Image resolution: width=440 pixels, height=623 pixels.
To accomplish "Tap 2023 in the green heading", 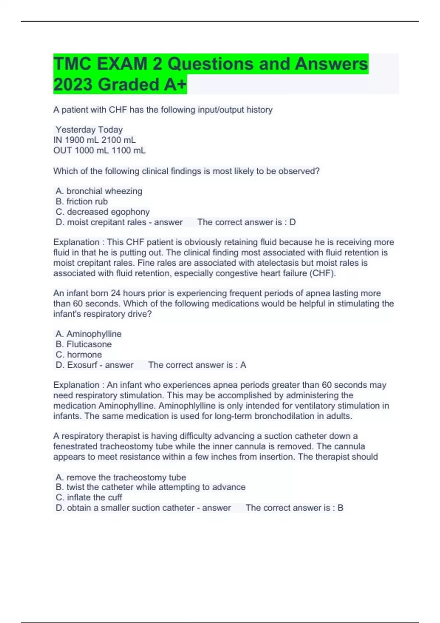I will point(73,85).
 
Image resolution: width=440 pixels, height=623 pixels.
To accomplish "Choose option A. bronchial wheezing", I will point(99,191).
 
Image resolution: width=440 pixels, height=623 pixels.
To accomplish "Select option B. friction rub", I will point(82,201).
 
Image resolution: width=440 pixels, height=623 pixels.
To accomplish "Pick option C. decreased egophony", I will point(103,212).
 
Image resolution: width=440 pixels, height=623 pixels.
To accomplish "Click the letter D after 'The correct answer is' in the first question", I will point(292,222).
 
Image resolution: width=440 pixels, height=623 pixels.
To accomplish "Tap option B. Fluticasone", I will point(84,344).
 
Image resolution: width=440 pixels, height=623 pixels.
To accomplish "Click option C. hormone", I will point(79,354).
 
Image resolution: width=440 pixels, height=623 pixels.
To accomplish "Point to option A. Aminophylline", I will point(88,334).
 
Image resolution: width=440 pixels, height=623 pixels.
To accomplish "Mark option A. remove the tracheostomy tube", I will point(121,477).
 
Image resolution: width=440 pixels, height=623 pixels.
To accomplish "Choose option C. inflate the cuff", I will point(89,497).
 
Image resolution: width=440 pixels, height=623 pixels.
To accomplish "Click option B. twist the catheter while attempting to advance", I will point(150,487).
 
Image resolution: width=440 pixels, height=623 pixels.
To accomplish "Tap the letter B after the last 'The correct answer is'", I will point(340,508).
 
